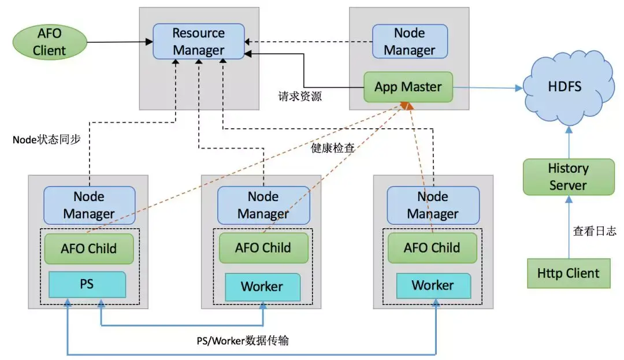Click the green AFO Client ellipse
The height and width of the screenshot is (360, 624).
(x=50, y=42)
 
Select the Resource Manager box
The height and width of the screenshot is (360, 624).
(x=198, y=41)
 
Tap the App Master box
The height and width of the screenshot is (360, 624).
(x=408, y=87)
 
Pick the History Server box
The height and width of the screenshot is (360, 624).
(x=569, y=177)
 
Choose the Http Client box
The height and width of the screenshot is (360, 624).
(x=569, y=273)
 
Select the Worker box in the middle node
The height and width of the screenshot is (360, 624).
(x=262, y=287)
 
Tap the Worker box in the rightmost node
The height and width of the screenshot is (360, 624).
(x=433, y=285)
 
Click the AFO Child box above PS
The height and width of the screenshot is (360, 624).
(x=89, y=248)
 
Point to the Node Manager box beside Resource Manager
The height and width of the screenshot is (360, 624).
(x=410, y=42)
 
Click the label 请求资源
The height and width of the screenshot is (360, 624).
(x=299, y=97)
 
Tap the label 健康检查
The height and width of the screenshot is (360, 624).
(x=333, y=148)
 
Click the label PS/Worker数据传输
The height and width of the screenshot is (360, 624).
(x=243, y=341)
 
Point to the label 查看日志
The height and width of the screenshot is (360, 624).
(x=595, y=231)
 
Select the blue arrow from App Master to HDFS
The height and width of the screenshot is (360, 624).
(x=485, y=88)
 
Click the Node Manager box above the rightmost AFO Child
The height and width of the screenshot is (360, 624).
(x=433, y=205)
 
